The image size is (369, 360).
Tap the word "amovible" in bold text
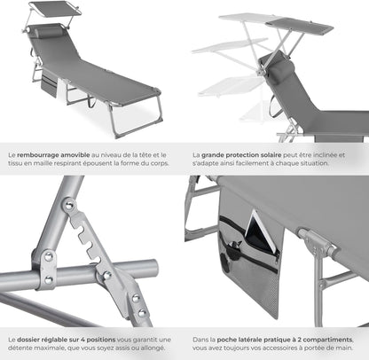point(75,154)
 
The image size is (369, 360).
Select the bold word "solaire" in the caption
point(271,155)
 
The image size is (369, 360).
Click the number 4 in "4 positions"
point(82,340)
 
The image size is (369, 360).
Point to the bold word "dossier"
point(27,340)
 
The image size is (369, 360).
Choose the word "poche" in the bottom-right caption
point(225,340)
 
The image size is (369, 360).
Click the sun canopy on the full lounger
point(55,9)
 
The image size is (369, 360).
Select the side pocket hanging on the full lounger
point(49,83)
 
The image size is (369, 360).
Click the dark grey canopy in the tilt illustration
point(299,26)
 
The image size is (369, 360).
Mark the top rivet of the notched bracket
point(69,204)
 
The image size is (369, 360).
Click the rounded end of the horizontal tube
point(153,267)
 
